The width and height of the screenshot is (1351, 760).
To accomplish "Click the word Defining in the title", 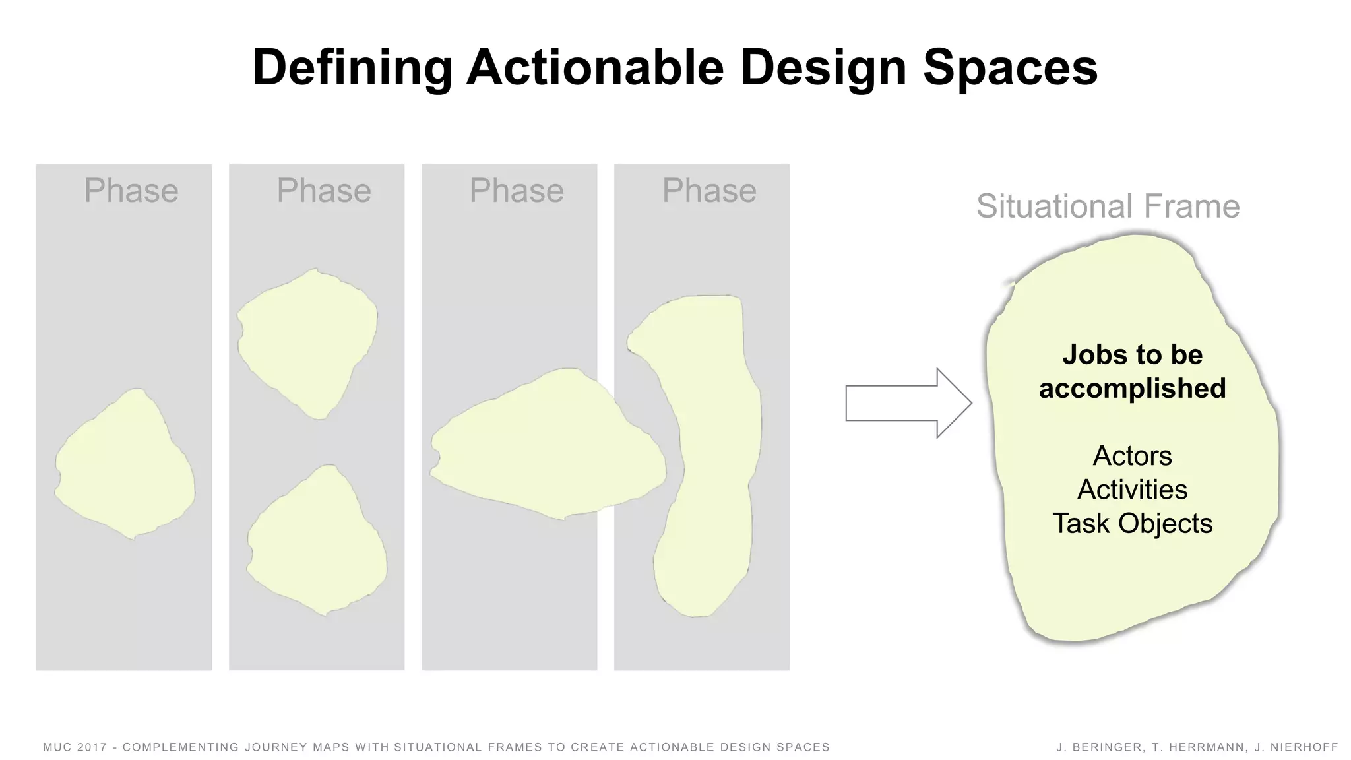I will click(x=352, y=68).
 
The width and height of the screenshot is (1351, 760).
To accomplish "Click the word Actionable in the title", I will click(x=595, y=68).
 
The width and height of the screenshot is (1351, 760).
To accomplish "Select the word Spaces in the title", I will click(x=1010, y=68).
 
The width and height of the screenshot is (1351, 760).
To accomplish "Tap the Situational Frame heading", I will click(x=1108, y=206).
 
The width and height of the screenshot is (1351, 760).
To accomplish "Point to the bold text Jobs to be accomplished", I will click(x=1132, y=371).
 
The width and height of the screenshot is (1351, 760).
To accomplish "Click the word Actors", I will click(x=1132, y=456).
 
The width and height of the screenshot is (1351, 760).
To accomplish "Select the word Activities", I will click(x=1132, y=490).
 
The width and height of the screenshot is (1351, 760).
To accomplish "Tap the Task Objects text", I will click(x=1132, y=524).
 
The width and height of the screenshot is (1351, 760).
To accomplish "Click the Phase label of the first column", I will click(x=131, y=191).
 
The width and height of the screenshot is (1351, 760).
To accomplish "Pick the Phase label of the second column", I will click(x=324, y=191).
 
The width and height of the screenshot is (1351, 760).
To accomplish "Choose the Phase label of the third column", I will click(x=517, y=191).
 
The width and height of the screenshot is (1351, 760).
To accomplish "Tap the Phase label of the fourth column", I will click(x=709, y=191).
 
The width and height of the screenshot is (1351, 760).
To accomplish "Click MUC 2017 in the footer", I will click(x=75, y=747).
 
